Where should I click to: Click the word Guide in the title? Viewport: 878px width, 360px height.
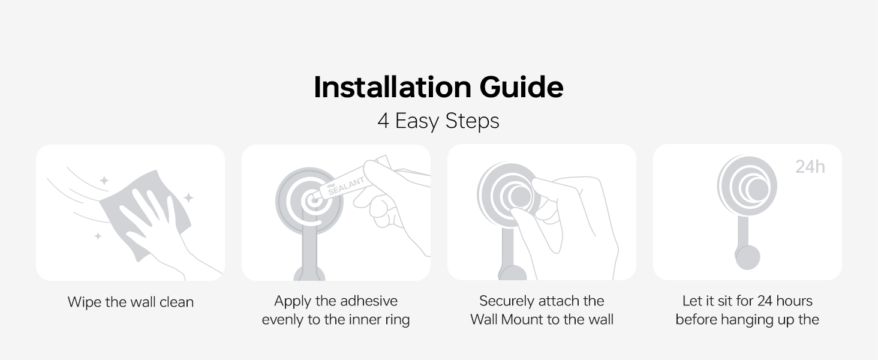pyautogui.click(x=521, y=86)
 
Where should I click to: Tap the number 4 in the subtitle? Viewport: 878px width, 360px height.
pyautogui.click(x=383, y=121)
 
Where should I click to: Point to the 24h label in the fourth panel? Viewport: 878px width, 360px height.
pyautogui.click(x=810, y=167)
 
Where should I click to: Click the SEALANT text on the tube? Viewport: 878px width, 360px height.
pyautogui.click(x=347, y=185)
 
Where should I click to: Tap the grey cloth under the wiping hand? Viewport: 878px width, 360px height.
pyautogui.click(x=145, y=214)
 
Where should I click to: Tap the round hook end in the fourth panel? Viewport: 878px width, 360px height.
pyautogui.click(x=747, y=257)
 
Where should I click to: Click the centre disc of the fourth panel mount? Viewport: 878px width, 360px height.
pyautogui.click(x=757, y=190)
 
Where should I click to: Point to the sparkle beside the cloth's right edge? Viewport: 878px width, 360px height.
pyautogui.click(x=188, y=197)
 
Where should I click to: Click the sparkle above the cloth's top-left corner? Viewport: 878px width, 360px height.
pyautogui.click(x=104, y=181)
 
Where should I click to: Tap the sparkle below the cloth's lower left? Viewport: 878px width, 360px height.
pyautogui.click(x=98, y=236)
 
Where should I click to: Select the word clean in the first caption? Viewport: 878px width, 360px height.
pyautogui.click(x=176, y=302)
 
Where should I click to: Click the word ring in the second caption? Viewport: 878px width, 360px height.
pyautogui.click(x=398, y=320)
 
